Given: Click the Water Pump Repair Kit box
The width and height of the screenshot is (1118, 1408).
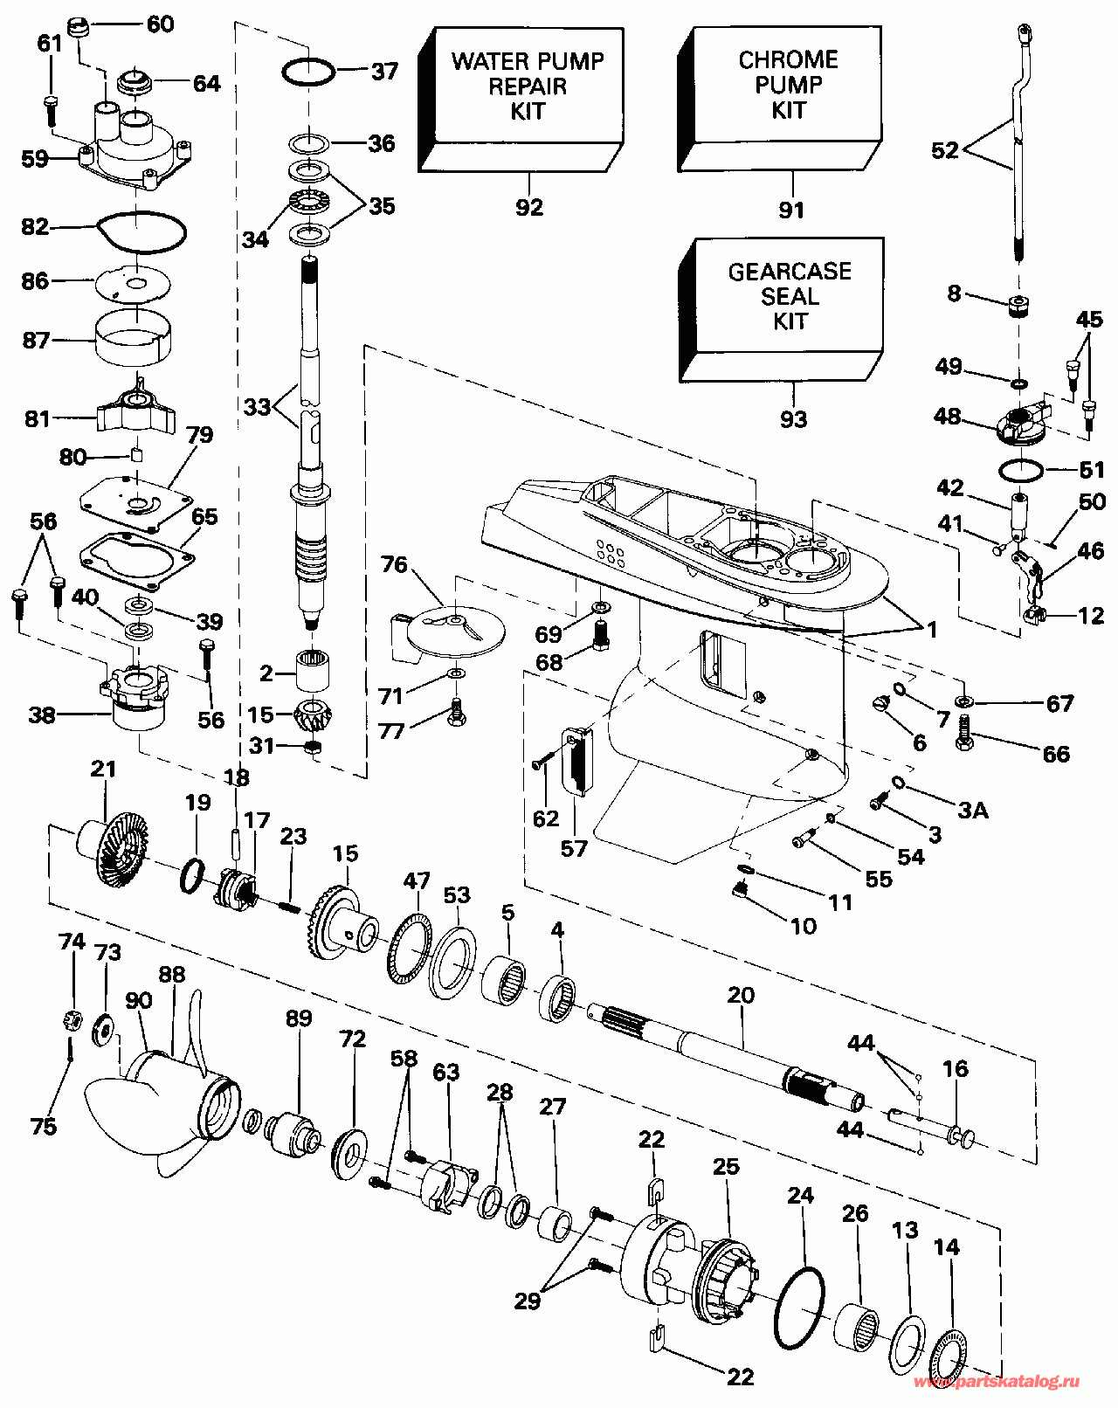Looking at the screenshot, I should (527, 86).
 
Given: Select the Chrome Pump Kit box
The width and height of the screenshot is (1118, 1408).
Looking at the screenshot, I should (788, 86).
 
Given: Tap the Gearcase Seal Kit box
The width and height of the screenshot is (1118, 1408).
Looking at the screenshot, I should (789, 297).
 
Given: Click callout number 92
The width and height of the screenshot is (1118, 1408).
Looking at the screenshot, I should (529, 207).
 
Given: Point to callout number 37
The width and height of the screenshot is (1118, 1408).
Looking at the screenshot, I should (384, 71).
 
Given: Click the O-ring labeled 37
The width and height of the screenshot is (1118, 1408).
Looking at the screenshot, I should (308, 72).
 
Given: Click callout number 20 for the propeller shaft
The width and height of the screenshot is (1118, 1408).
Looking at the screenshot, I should (741, 995).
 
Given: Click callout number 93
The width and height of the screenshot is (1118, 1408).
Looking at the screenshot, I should (793, 419).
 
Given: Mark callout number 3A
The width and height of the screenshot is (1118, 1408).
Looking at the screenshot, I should (973, 810).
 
